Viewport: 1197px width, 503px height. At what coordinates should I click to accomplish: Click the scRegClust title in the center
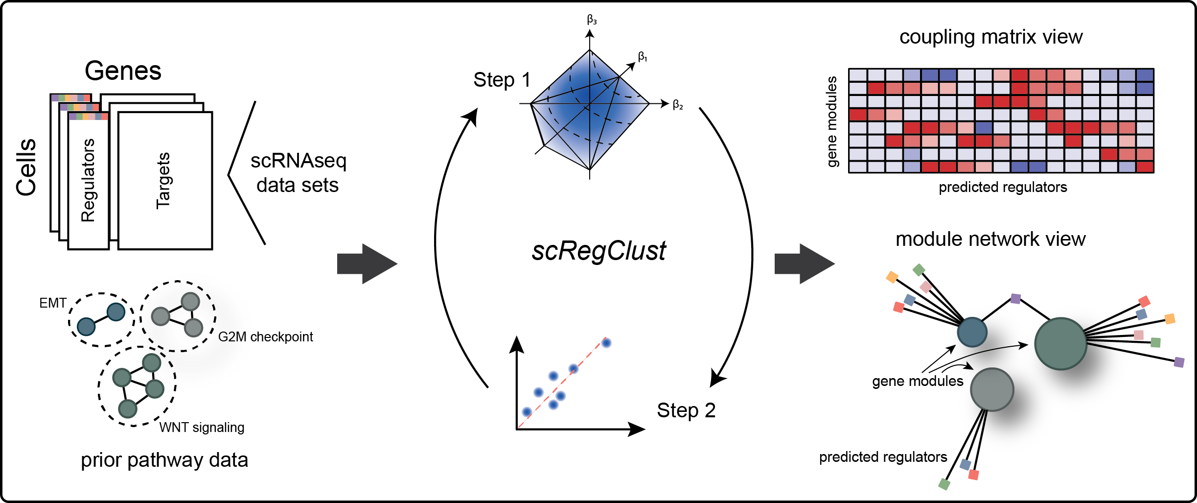click(x=598, y=251)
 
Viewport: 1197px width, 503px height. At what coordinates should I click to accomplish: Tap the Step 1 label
click(x=502, y=80)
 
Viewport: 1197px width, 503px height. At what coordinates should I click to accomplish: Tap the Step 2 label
click(x=686, y=410)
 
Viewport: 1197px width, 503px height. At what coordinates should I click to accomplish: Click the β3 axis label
click(x=592, y=20)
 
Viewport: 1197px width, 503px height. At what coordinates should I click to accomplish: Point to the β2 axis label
click(x=678, y=104)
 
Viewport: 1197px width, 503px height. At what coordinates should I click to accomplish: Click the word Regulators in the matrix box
click(x=88, y=180)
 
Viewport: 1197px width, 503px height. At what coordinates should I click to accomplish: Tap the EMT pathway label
click(x=52, y=303)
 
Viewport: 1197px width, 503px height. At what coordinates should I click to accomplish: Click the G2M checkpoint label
click(x=265, y=337)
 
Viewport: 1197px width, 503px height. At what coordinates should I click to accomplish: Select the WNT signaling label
click(x=202, y=428)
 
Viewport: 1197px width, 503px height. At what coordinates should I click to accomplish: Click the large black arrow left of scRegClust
click(x=367, y=264)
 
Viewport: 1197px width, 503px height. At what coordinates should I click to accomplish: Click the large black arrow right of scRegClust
click(x=804, y=264)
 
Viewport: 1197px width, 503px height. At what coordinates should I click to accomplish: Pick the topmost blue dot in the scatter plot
click(x=606, y=343)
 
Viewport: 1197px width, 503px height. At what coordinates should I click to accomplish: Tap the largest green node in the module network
click(x=1060, y=344)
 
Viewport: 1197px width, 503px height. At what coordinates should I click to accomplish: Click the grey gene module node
click(x=992, y=390)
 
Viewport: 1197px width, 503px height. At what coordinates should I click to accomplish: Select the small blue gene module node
click(x=972, y=332)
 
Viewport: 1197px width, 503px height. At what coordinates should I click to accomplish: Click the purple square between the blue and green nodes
click(x=1015, y=299)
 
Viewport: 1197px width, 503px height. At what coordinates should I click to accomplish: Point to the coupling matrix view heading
click(x=991, y=37)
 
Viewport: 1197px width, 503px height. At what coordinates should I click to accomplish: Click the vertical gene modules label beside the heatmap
click(x=832, y=121)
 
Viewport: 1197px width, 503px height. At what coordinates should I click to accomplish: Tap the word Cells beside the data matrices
click(x=26, y=167)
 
